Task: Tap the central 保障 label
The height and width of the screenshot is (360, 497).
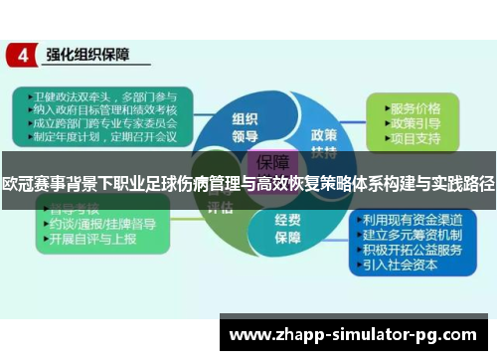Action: point(274,162)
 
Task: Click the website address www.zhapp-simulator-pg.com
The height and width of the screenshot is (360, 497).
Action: point(358,336)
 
